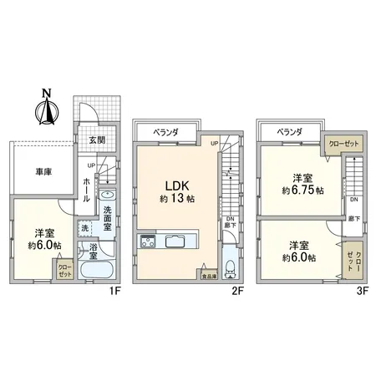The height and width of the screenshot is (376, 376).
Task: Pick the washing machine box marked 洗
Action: [x=85, y=227]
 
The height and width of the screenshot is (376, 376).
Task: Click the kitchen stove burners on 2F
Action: [x=148, y=243]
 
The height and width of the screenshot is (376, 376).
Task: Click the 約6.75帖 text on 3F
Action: [x=301, y=190]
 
